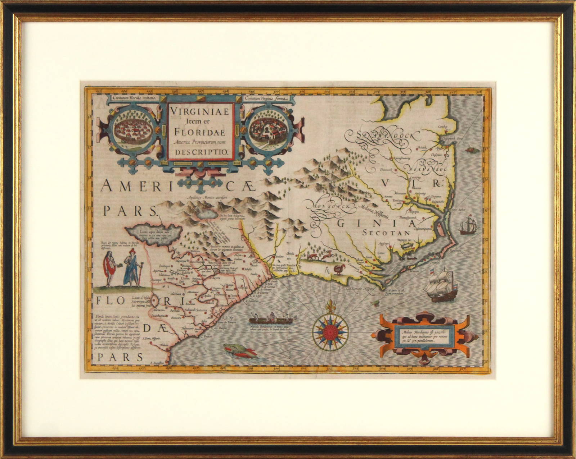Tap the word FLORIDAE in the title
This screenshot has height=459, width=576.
(201, 132)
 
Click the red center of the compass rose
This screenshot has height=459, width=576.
(328, 330)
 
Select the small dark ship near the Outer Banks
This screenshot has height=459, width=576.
(468, 225)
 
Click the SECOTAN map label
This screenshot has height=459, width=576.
(384, 233)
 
